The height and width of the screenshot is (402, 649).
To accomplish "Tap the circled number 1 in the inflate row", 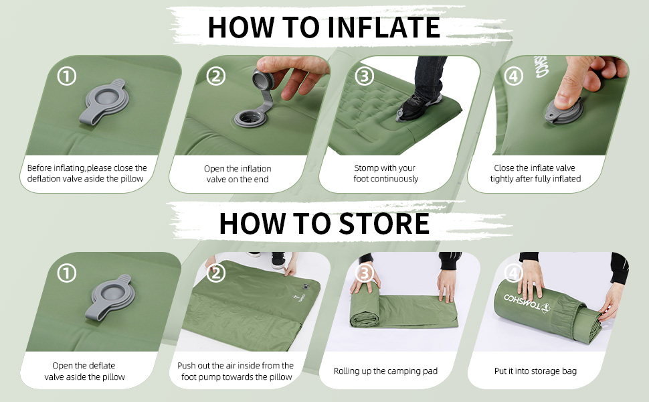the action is pos(67,76).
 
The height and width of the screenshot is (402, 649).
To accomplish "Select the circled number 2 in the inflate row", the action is pos(216,76).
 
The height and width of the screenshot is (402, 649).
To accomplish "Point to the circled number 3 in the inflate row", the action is pos(365,76).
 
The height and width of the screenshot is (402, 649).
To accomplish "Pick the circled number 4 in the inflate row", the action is pos(514,76).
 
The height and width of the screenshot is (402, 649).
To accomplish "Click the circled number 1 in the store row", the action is pos(67,273).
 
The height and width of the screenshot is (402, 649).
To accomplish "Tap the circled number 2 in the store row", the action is pos(216,273).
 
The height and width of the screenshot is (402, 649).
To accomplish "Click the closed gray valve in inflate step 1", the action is pos(105,101).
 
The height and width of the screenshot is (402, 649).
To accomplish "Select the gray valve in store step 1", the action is pos(110,296).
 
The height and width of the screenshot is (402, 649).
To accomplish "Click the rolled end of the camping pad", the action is pos(365,307).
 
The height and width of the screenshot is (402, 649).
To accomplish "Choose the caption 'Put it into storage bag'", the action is pos(535,371).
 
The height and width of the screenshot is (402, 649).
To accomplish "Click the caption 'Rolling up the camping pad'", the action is pos(386,371).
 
